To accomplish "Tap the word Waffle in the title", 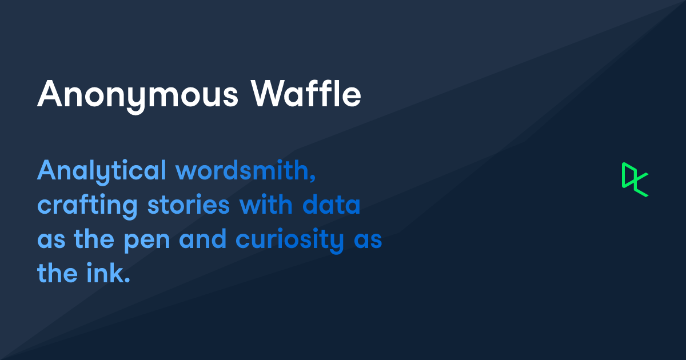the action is tap(306, 93).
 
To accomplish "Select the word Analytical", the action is tap(102, 172).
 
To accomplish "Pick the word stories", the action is tap(188, 205).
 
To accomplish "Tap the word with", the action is tap(266, 204).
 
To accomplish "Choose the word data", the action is tap(331, 204).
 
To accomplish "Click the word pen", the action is tap(147, 242).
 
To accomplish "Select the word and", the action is tap(203, 238).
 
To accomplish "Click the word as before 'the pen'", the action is tap(51, 240).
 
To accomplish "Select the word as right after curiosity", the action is tap(368, 240).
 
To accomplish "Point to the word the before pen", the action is tap(94, 238).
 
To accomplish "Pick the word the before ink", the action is tap(57, 273).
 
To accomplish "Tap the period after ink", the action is tap(127, 280).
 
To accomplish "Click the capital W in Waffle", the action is tap(270, 93).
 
